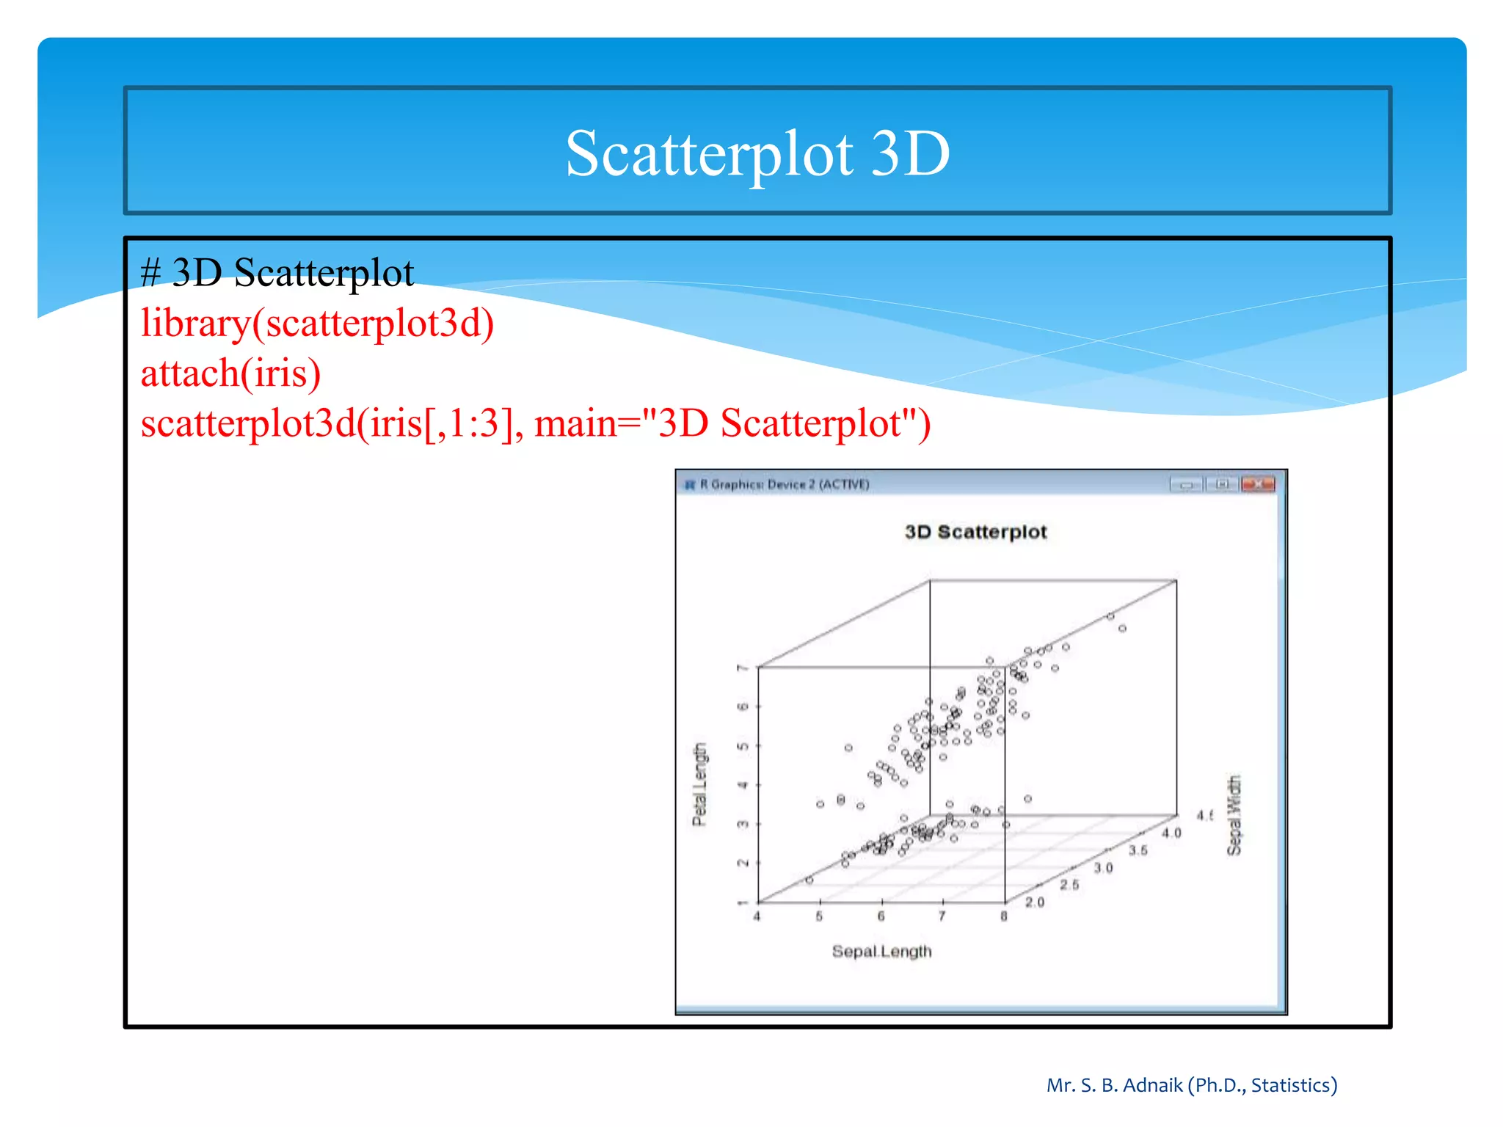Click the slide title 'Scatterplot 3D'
click(x=757, y=153)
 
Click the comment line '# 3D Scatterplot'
click(x=277, y=273)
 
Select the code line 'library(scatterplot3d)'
click(x=317, y=323)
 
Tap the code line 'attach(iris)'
click(x=230, y=373)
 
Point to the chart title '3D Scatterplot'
click(x=975, y=532)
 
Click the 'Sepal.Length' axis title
click(x=881, y=952)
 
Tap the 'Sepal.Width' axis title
click(x=1234, y=815)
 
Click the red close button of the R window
click(x=1258, y=484)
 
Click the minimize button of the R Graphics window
click(x=1186, y=484)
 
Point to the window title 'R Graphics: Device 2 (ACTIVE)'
click(x=784, y=484)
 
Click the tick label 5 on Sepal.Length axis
click(x=819, y=916)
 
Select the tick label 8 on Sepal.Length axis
click(x=1003, y=916)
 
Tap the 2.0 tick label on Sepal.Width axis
click(x=1035, y=902)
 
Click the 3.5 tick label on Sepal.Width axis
click(x=1138, y=850)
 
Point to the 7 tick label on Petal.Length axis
click(x=742, y=668)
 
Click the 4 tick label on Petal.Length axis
click(x=742, y=785)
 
